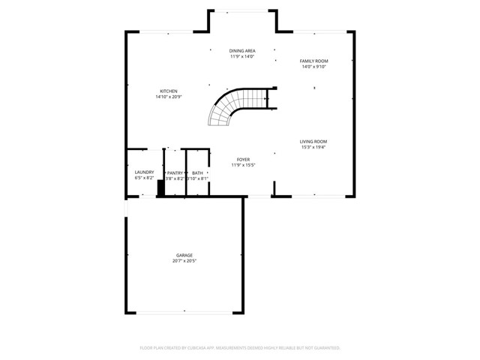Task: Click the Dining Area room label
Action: [x=242, y=51]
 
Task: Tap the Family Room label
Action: [x=315, y=61]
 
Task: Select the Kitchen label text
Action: [x=168, y=91]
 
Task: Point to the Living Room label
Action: [x=313, y=141]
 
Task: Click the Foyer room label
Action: [x=243, y=159]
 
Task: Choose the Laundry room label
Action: [x=144, y=172]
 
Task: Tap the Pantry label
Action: [x=175, y=172]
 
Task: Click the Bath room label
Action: [x=197, y=172]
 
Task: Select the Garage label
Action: [x=184, y=255]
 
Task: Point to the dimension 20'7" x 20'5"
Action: [x=184, y=261]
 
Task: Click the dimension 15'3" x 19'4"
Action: [x=313, y=147]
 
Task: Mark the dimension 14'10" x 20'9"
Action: [x=168, y=97]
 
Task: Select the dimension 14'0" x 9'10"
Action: [x=315, y=67]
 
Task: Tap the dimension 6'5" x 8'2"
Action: [x=144, y=178]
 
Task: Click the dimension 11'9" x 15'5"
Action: [x=243, y=165]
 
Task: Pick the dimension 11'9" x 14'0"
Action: [x=242, y=57]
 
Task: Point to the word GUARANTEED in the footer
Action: [x=324, y=348]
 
